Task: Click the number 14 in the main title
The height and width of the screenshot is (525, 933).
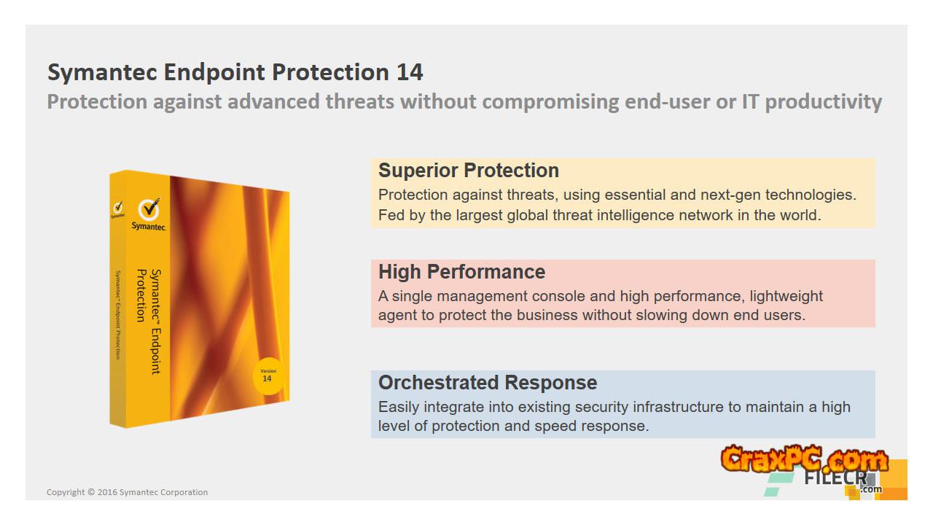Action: coord(410,72)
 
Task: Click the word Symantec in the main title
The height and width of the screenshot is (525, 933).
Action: coord(103,73)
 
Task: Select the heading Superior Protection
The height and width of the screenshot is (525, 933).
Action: coord(469,171)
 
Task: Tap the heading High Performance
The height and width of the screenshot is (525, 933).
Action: coord(461,272)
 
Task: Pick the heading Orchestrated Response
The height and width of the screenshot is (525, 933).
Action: coord(488,383)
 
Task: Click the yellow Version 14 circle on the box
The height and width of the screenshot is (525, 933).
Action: coord(268,376)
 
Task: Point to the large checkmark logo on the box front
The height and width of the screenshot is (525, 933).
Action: coord(149,209)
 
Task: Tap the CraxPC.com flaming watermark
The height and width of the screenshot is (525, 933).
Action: coord(804,459)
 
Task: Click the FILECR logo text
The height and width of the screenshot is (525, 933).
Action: coord(835,478)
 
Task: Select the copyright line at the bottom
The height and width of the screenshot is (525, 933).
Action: coord(127,492)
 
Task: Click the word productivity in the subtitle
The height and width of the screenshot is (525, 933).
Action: coord(824,102)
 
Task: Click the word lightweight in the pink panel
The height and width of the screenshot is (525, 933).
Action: coord(786,296)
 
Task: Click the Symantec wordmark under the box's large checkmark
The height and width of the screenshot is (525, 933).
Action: coord(149,226)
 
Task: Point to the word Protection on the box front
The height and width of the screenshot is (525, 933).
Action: coord(141,295)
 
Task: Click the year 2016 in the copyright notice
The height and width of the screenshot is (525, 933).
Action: coord(107,492)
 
